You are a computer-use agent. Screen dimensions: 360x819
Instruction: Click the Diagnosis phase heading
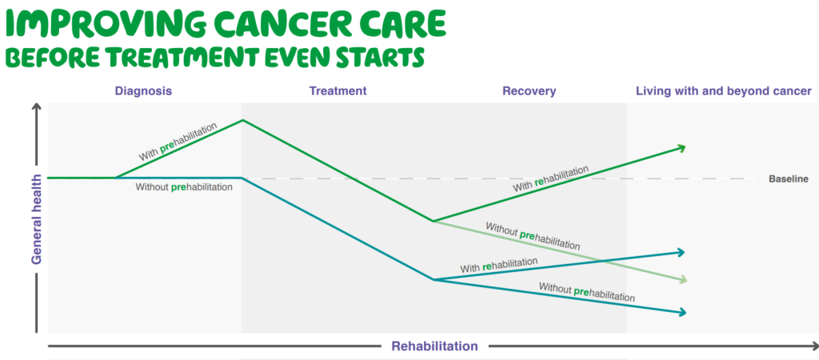tap(143, 91)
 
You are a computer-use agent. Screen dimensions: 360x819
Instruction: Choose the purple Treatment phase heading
tap(338, 91)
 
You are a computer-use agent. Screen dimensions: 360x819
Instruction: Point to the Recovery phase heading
tap(529, 91)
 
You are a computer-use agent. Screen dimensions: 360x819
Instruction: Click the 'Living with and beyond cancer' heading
tap(723, 91)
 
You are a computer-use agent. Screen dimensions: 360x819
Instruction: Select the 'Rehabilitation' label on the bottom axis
tap(434, 346)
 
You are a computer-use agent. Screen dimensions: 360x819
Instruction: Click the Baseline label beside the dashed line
tap(789, 179)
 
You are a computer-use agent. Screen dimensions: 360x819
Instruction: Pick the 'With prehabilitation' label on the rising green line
tap(177, 142)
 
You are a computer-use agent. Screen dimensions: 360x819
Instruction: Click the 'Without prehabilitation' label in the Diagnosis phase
tap(184, 187)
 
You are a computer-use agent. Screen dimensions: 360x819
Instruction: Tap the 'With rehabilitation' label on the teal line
tap(498, 263)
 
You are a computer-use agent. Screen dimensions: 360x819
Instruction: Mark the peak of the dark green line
tap(242, 120)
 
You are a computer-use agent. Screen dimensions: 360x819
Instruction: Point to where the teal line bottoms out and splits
tap(433, 280)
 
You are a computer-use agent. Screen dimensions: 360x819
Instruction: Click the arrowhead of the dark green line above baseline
tap(681, 146)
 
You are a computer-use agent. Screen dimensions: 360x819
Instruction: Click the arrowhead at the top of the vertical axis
tap(36, 110)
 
